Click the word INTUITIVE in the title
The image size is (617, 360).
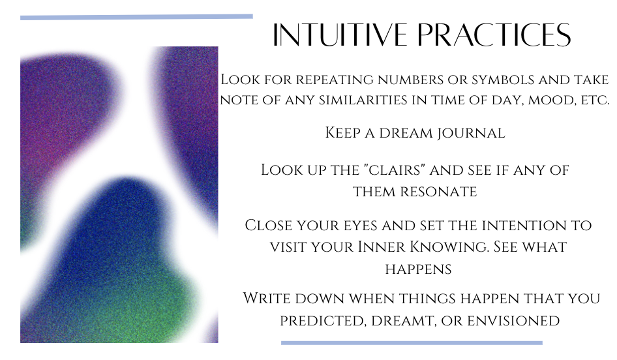340,35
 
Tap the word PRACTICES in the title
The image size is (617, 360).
494,35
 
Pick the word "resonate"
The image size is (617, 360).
438,192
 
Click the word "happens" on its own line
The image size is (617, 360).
418,269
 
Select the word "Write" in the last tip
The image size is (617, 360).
266,298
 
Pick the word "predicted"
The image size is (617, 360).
324,321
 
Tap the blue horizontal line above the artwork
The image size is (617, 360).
136,17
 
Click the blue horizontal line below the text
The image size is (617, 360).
412,343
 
